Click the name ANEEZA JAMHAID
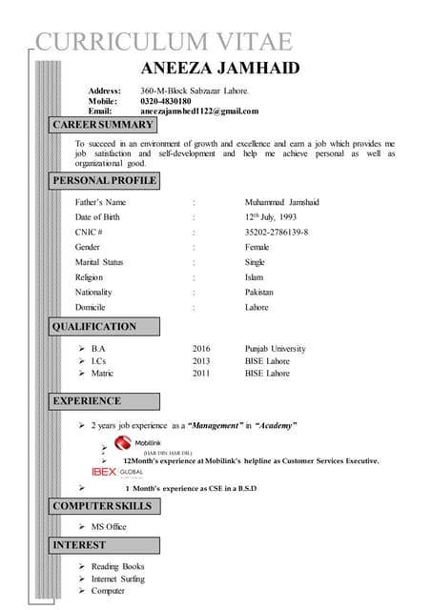220,68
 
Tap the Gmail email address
199,112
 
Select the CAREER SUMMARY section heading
103,125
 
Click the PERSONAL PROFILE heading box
105,180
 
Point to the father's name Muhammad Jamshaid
281,203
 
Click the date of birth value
270,217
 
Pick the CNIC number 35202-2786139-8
276,232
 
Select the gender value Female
257,247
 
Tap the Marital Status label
99,262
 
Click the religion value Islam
255,277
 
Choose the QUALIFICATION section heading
94,327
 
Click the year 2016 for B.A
200,349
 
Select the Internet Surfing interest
118,579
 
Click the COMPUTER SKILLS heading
102,505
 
